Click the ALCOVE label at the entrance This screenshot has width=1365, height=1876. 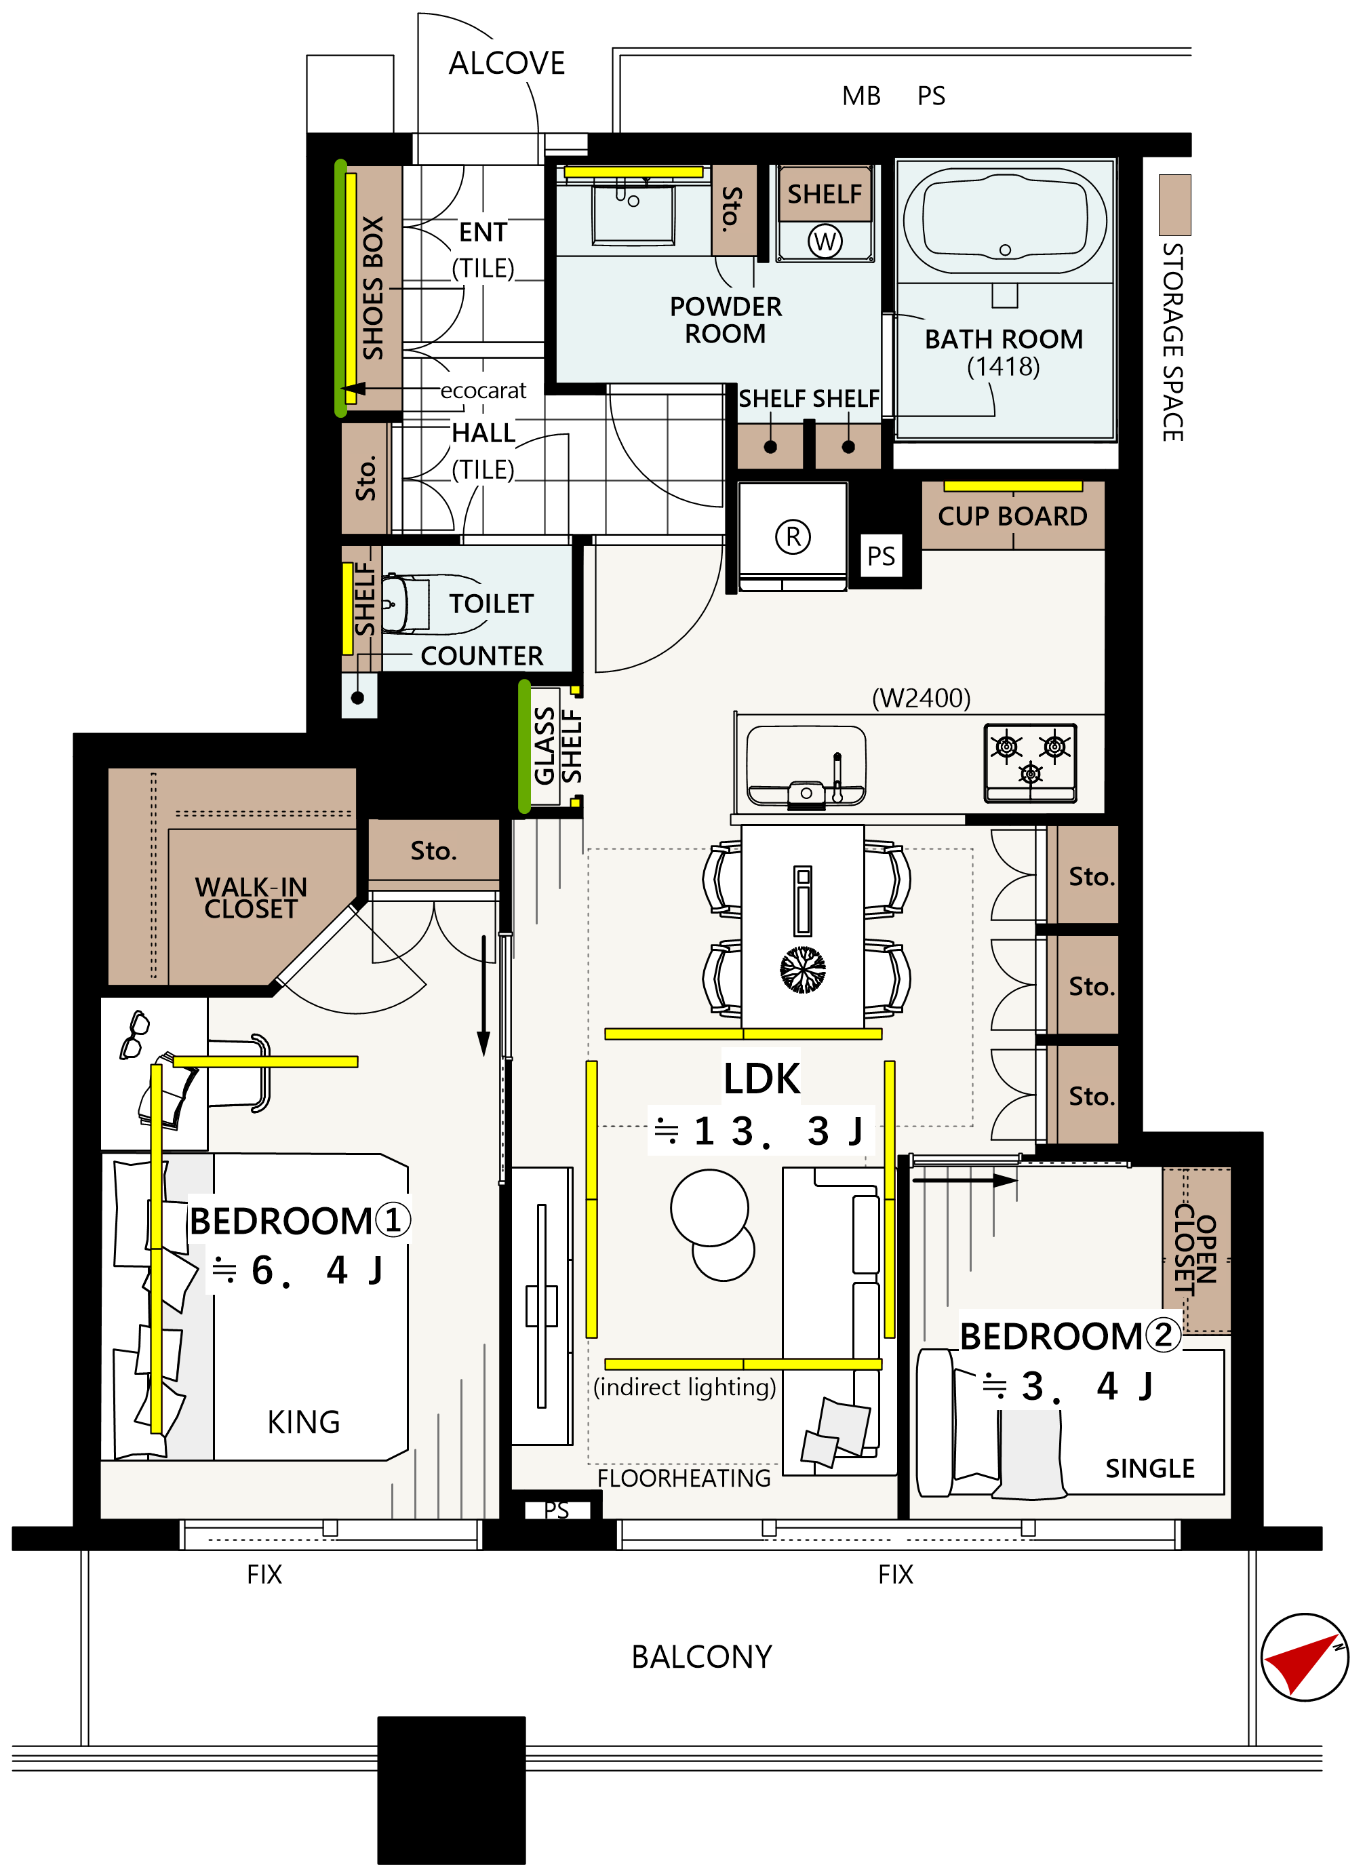(507, 63)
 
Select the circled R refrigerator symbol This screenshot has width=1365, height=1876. (793, 537)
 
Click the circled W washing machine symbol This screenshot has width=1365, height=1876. (825, 241)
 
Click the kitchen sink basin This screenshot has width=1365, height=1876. (806, 765)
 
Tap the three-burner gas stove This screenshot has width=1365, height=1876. (1030, 762)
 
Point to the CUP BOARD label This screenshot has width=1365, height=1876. (1013, 516)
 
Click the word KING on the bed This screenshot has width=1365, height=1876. (303, 1422)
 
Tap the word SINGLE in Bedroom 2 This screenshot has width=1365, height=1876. (1150, 1468)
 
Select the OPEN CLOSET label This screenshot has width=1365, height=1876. (1195, 1249)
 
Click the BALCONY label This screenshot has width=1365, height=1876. (701, 1657)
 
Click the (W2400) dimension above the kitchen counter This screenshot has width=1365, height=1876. (921, 698)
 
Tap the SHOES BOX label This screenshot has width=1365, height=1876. (373, 288)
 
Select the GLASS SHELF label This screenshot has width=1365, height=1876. (558, 746)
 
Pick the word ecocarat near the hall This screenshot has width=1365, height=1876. (483, 391)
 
